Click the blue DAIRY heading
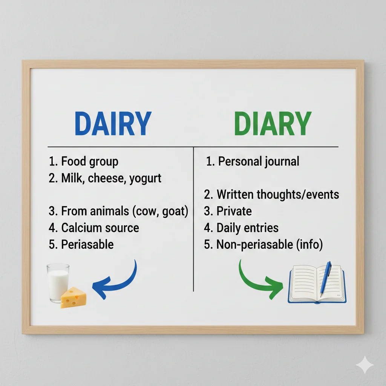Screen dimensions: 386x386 [113, 123]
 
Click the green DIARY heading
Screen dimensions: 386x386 [273, 123]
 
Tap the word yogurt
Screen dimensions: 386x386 [145, 178]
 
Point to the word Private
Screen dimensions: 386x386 [234, 211]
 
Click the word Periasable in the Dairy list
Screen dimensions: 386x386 [87, 244]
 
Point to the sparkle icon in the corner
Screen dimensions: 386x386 [365, 365]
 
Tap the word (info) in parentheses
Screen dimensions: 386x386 [309, 244]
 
